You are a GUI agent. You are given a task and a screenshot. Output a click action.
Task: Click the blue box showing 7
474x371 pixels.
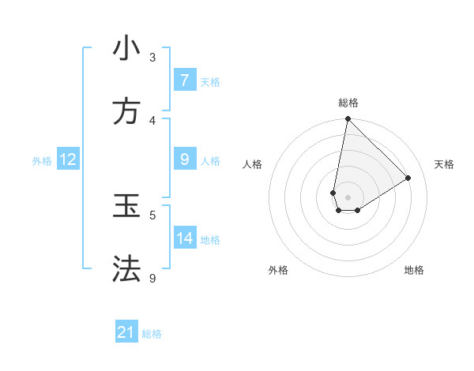click(x=184, y=81)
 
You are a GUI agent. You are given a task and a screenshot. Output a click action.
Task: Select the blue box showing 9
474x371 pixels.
click(x=184, y=159)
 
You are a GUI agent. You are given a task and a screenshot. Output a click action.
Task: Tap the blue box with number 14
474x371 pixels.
click(x=184, y=238)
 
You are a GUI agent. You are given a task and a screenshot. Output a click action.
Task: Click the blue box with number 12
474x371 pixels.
click(x=68, y=159)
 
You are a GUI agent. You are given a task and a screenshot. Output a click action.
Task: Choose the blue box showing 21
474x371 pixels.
click(x=126, y=332)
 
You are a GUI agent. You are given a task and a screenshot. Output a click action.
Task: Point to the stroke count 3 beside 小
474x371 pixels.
click(x=152, y=57)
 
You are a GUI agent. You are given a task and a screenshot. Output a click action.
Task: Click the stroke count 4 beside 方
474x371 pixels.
click(x=152, y=120)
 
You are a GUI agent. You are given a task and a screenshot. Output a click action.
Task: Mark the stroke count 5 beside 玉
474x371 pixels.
click(x=152, y=215)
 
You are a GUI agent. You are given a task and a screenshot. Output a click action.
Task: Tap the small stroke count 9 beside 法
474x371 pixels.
click(x=152, y=278)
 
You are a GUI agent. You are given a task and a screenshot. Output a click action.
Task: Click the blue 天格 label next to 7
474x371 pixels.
click(x=210, y=81)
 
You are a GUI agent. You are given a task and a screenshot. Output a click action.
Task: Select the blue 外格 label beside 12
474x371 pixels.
click(x=42, y=160)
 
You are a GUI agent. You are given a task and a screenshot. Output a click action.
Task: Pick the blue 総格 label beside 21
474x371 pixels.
click(x=152, y=333)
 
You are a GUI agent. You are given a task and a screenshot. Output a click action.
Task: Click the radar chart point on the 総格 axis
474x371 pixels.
click(x=348, y=119)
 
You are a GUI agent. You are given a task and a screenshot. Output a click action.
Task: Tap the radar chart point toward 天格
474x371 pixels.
click(x=408, y=178)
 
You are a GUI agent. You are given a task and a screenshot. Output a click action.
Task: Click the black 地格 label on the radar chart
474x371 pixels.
click(x=414, y=270)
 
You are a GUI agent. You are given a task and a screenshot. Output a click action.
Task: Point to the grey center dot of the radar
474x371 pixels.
click(x=348, y=197)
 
